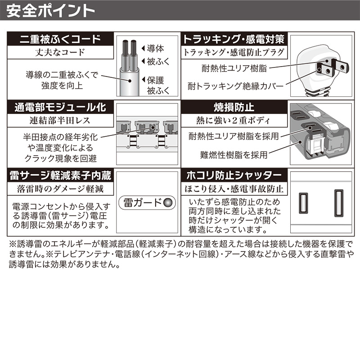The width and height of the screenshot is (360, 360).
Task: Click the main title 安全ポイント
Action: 51,11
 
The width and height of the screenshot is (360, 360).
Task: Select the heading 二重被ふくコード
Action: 60,39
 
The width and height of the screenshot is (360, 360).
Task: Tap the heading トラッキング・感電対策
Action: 234,39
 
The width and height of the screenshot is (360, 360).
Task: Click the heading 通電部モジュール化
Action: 60,107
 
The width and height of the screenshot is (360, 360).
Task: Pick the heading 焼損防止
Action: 234,107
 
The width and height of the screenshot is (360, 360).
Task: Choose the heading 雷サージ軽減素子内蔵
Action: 60,175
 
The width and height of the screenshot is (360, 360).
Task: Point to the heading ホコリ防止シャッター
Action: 234,175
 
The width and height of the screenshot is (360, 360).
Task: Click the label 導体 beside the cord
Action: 155,49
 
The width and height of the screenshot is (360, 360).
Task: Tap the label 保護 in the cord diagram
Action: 155,80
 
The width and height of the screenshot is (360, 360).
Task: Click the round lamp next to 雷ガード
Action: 168,202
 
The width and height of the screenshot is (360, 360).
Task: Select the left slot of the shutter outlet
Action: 303,203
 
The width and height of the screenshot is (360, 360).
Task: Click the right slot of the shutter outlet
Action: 339,203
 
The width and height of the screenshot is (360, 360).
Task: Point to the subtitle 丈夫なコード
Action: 60,52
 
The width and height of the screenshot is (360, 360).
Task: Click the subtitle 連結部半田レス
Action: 60,121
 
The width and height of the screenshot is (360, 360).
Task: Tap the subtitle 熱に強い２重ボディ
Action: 233,121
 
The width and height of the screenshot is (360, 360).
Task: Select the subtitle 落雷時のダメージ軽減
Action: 60,189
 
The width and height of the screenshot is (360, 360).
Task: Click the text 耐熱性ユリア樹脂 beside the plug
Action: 234,68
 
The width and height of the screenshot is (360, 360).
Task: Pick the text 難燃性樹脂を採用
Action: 234,155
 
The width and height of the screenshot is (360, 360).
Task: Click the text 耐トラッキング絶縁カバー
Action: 235,86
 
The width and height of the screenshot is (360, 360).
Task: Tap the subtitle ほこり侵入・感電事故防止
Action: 234,189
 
